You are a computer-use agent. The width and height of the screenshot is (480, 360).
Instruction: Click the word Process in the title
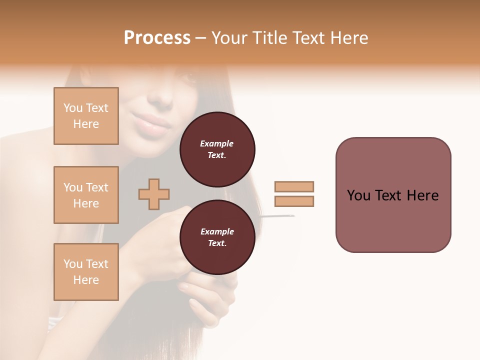(157, 37)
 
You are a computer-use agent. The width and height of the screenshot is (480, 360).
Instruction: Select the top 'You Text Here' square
(86, 116)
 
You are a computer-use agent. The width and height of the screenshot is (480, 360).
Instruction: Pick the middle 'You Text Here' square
(86, 195)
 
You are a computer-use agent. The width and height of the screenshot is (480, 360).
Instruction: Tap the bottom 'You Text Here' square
(86, 272)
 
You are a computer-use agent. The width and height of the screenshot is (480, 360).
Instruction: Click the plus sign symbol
(154, 194)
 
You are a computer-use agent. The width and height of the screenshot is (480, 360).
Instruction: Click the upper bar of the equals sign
(294, 186)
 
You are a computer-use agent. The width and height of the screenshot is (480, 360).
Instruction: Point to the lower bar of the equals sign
(294, 201)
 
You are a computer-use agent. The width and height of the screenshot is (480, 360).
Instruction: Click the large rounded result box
(393, 195)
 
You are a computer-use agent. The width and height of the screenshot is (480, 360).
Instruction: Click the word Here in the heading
(348, 37)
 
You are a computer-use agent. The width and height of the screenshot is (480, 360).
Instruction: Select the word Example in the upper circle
(217, 143)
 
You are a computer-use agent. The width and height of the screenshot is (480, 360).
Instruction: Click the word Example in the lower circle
(217, 231)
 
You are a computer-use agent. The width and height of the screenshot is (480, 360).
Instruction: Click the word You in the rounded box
(358, 195)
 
